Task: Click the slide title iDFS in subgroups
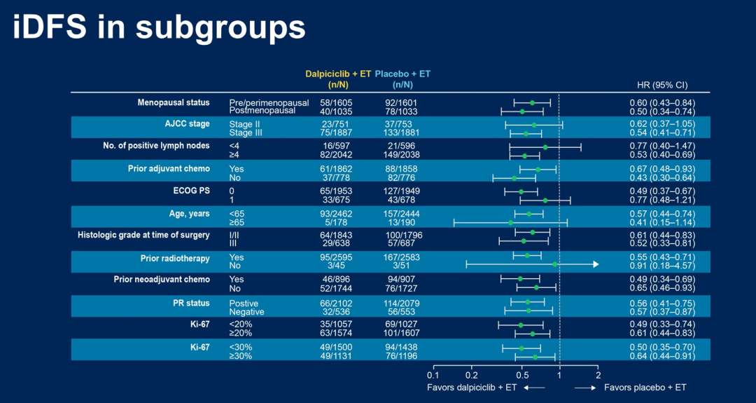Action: (x=160, y=28)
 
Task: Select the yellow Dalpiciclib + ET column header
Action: (x=338, y=74)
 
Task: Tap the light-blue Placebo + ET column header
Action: (x=402, y=74)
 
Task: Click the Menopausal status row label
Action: (x=174, y=102)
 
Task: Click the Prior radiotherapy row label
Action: (x=175, y=259)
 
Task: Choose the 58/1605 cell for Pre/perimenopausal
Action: (x=338, y=103)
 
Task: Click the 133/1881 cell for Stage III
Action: (x=402, y=132)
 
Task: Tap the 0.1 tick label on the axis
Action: (x=433, y=375)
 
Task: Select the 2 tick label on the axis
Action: (x=598, y=375)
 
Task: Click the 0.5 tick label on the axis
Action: (x=521, y=375)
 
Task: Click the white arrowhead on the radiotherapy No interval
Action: (x=596, y=264)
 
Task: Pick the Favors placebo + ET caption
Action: (x=645, y=388)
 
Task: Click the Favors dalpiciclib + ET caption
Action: (x=472, y=388)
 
